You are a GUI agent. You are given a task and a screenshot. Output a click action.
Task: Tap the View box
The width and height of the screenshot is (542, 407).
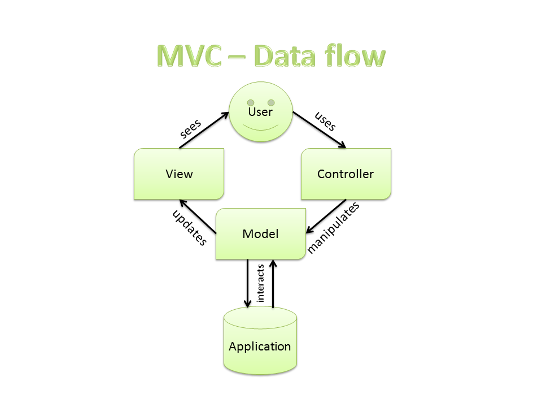179,174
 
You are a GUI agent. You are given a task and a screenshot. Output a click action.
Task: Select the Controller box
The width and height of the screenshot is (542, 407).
346,174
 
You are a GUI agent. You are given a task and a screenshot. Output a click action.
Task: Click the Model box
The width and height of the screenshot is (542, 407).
260,233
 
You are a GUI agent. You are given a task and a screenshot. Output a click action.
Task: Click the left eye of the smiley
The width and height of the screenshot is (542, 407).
250,102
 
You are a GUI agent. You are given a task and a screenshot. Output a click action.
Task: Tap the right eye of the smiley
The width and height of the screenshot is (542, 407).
271,102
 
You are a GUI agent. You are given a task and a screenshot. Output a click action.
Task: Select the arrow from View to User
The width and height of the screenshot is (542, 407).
204,131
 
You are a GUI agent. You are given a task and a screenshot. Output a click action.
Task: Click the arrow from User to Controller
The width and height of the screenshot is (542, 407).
319,131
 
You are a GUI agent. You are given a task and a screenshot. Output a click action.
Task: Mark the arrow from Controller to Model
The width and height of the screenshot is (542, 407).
326,216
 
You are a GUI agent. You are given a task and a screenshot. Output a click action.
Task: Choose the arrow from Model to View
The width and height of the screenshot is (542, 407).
198,216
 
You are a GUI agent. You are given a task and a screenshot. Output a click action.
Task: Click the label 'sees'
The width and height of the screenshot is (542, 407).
191,128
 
